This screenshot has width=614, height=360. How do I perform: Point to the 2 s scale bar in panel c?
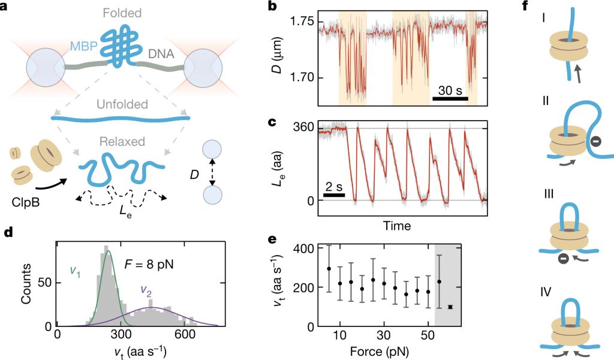tap(334, 194)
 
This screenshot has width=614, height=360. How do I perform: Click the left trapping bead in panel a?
tap(41, 67)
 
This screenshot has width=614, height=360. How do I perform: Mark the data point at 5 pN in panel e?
tap(329, 269)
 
